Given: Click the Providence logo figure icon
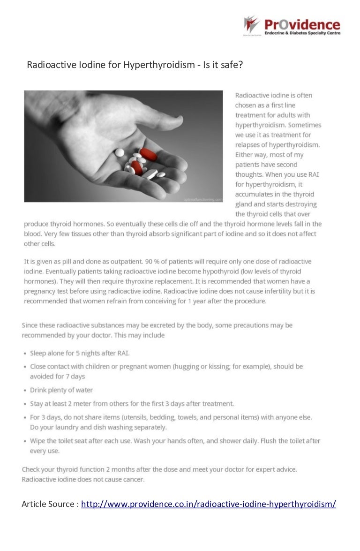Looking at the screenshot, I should point(251,24).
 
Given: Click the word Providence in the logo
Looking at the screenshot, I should point(302,24).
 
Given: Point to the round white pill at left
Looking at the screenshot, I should point(120,152).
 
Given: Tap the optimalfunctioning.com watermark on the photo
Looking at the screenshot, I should point(203,200).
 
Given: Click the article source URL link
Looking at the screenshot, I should point(209,504).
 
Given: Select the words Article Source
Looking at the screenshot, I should point(48,504).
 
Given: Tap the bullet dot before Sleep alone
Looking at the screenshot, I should point(24,353).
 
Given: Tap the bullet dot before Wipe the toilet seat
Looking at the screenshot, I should point(24,441).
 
